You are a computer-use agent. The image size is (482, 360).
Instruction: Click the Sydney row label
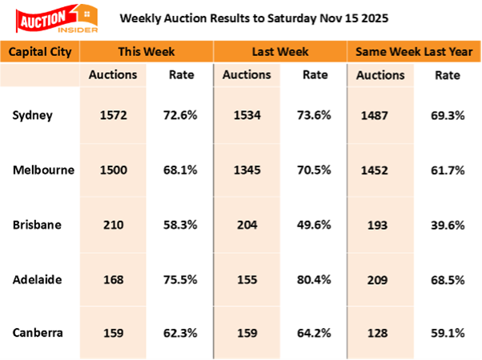click(32, 115)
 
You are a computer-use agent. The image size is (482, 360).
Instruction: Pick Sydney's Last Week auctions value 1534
click(245, 115)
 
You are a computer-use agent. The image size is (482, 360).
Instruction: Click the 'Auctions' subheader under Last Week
click(245, 76)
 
